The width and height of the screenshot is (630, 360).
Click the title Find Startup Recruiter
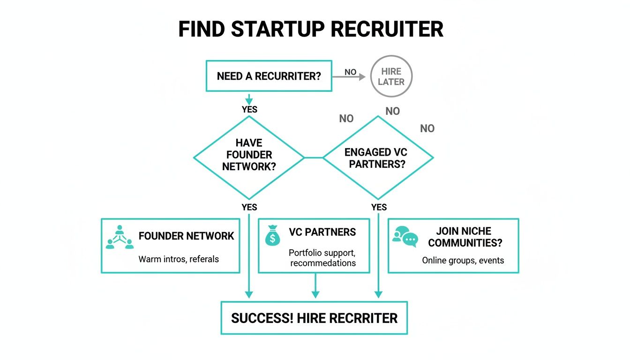pos(311,30)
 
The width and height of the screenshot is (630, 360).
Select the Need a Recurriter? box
pos(269,76)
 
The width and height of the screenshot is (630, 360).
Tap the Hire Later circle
pos(391,76)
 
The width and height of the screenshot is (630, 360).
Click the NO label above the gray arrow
pos(350,72)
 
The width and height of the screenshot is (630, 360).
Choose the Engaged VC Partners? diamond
pos(378,158)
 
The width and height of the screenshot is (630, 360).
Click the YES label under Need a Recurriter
pos(249,109)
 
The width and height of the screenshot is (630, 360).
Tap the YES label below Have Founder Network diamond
pos(249,207)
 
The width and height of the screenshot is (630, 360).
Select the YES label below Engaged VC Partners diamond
pos(379,207)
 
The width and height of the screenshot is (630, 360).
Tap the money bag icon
pos(272,235)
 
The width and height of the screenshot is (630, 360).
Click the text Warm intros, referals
pos(179,259)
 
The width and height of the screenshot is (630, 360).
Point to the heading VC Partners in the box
pos(322,232)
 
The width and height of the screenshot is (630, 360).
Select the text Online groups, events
pos(463,260)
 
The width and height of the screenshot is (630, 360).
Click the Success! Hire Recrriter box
pos(314,318)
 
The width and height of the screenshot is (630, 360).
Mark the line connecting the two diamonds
pos(314,157)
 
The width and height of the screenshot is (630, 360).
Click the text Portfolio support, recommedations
pos(322,258)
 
